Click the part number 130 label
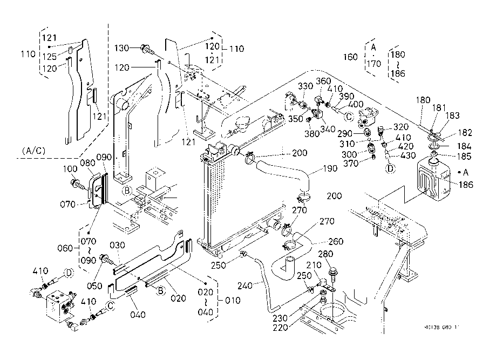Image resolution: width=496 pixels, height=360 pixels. [x=122, y=49]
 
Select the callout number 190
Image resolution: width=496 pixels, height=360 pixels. [x=330, y=168]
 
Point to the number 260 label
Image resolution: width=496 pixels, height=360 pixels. [x=336, y=241]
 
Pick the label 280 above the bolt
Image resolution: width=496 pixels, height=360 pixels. [x=326, y=255]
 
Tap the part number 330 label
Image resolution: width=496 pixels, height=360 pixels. [x=305, y=86]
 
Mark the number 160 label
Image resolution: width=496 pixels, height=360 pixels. [x=350, y=57]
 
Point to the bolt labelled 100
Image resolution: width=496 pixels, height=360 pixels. [x=77, y=184]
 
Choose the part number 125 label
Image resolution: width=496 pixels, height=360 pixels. [x=50, y=56]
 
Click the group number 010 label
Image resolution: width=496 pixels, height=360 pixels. [x=233, y=300]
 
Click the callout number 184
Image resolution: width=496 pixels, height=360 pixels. [x=464, y=146]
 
